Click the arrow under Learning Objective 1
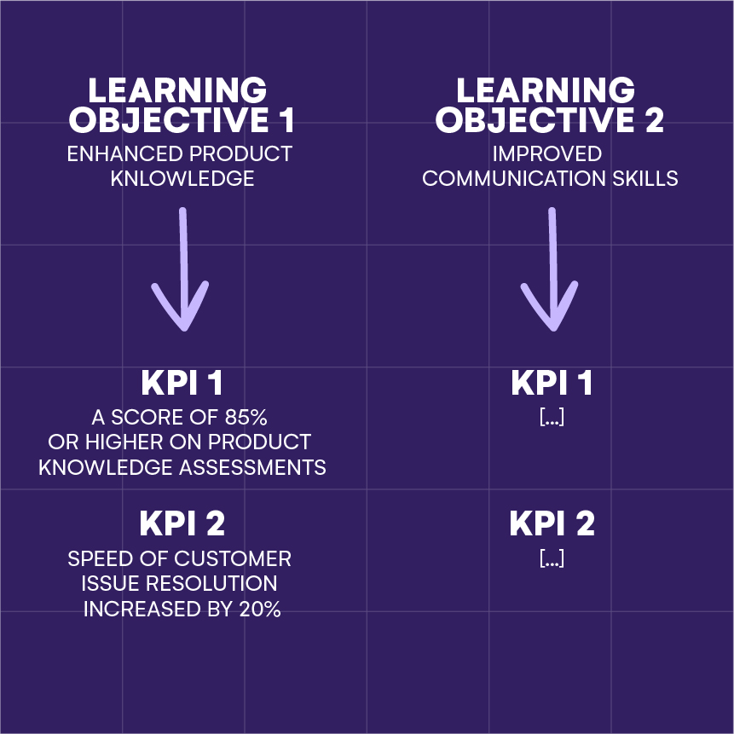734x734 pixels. (183, 269)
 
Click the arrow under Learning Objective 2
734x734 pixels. (552, 269)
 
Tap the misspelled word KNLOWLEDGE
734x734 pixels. (182, 178)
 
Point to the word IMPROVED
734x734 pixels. (546, 154)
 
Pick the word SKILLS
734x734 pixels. (645, 178)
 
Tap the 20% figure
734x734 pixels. (260, 609)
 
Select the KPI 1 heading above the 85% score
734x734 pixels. (182, 383)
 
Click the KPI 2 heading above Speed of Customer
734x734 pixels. (182, 523)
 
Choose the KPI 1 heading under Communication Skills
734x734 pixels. (552, 383)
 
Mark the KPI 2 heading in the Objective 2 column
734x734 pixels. (552, 523)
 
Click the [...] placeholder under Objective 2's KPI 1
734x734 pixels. (552, 417)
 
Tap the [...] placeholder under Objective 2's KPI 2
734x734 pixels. (552, 558)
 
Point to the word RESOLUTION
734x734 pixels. (211, 583)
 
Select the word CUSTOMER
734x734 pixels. (233, 559)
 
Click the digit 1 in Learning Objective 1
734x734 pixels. (287, 119)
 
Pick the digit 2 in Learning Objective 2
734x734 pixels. (654, 119)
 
